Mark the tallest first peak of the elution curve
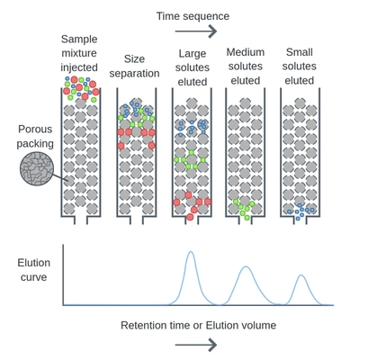(x=190, y=254)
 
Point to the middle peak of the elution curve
(x=246, y=268)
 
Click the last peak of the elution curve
(x=300, y=274)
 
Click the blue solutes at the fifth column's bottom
(x=299, y=211)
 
